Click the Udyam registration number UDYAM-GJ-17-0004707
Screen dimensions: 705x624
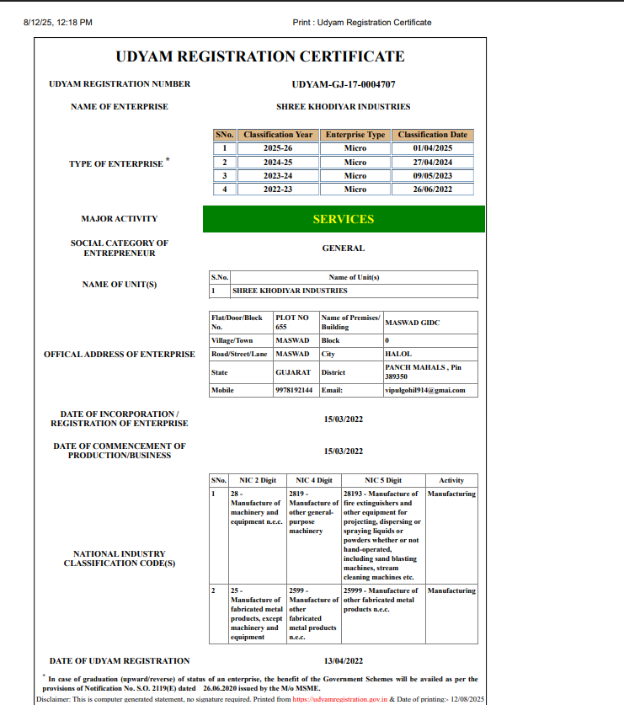(x=343, y=84)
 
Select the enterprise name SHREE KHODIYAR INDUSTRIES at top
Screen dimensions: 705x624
(x=343, y=107)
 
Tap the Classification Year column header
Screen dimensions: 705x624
(x=277, y=135)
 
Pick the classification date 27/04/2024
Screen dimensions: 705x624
(x=433, y=162)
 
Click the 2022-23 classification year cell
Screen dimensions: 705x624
(x=277, y=190)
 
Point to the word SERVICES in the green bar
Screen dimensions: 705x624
(x=344, y=219)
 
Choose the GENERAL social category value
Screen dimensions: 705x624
(x=343, y=248)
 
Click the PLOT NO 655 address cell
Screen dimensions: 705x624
(x=292, y=322)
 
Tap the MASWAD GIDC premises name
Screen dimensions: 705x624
(x=412, y=323)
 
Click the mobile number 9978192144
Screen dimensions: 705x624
(x=294, y=390)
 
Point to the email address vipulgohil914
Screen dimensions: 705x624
(x=424, y=390)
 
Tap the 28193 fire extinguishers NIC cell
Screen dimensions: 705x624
(x=382, y=535)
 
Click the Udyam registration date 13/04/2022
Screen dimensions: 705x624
(x=343, y=661)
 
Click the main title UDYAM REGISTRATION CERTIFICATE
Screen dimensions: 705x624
(x=259, y=56)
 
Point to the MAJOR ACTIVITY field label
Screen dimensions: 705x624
(x=119, y=219)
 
